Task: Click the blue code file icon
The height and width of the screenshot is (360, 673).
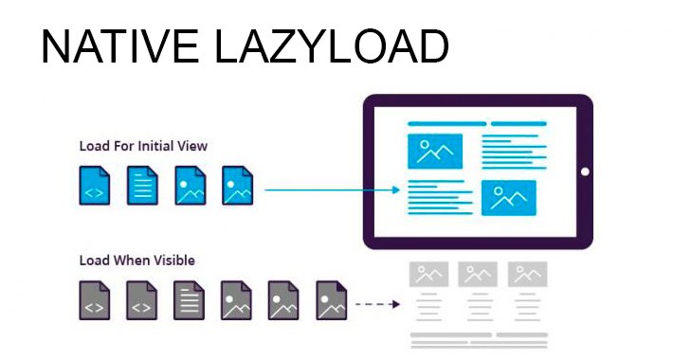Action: [94, 186]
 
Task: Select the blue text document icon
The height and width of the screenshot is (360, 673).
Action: [142, 186]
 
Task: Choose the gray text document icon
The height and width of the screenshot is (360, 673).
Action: [189, 299]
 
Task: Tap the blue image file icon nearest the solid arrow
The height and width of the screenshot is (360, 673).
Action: [237, 186]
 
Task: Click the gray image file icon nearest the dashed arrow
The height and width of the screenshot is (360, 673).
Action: [331, 299]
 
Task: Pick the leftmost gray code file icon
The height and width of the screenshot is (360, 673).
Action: [94, 299]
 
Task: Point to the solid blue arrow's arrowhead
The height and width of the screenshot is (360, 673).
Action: [397, 190]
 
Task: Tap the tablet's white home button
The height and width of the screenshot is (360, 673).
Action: [585, 172]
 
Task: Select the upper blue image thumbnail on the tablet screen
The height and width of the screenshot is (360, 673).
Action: [434, 151]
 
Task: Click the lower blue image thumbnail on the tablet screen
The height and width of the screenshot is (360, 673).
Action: [509, 197]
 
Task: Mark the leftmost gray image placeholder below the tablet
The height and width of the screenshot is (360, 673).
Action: [428, 275]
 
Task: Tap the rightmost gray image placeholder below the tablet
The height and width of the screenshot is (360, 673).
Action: [528, 275]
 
